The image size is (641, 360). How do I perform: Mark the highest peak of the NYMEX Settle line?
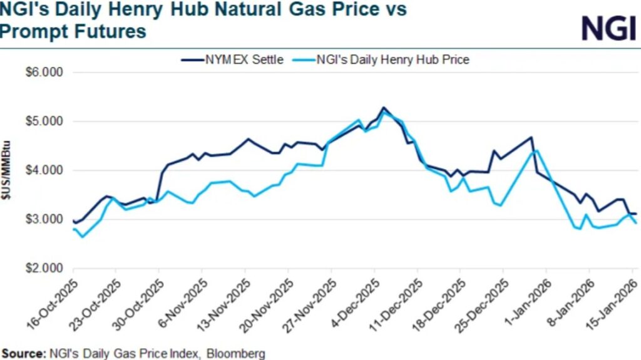pyautogui.click(x=383, y=108)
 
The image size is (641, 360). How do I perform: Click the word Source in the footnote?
pyautogui.click(x=23, y=354)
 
